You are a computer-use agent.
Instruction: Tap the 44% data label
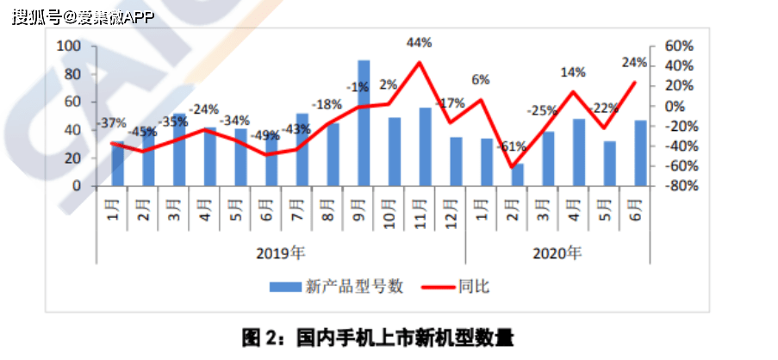click(x=420, y=42)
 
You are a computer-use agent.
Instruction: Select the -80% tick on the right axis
click(x=677, y=186)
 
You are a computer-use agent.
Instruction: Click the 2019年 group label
click(x=281, y=253)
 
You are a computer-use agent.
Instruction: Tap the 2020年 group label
click(x=557, y=253)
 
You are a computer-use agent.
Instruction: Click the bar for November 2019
click(x=426, y=146)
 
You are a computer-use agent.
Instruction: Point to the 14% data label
click(x=573, y=72)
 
